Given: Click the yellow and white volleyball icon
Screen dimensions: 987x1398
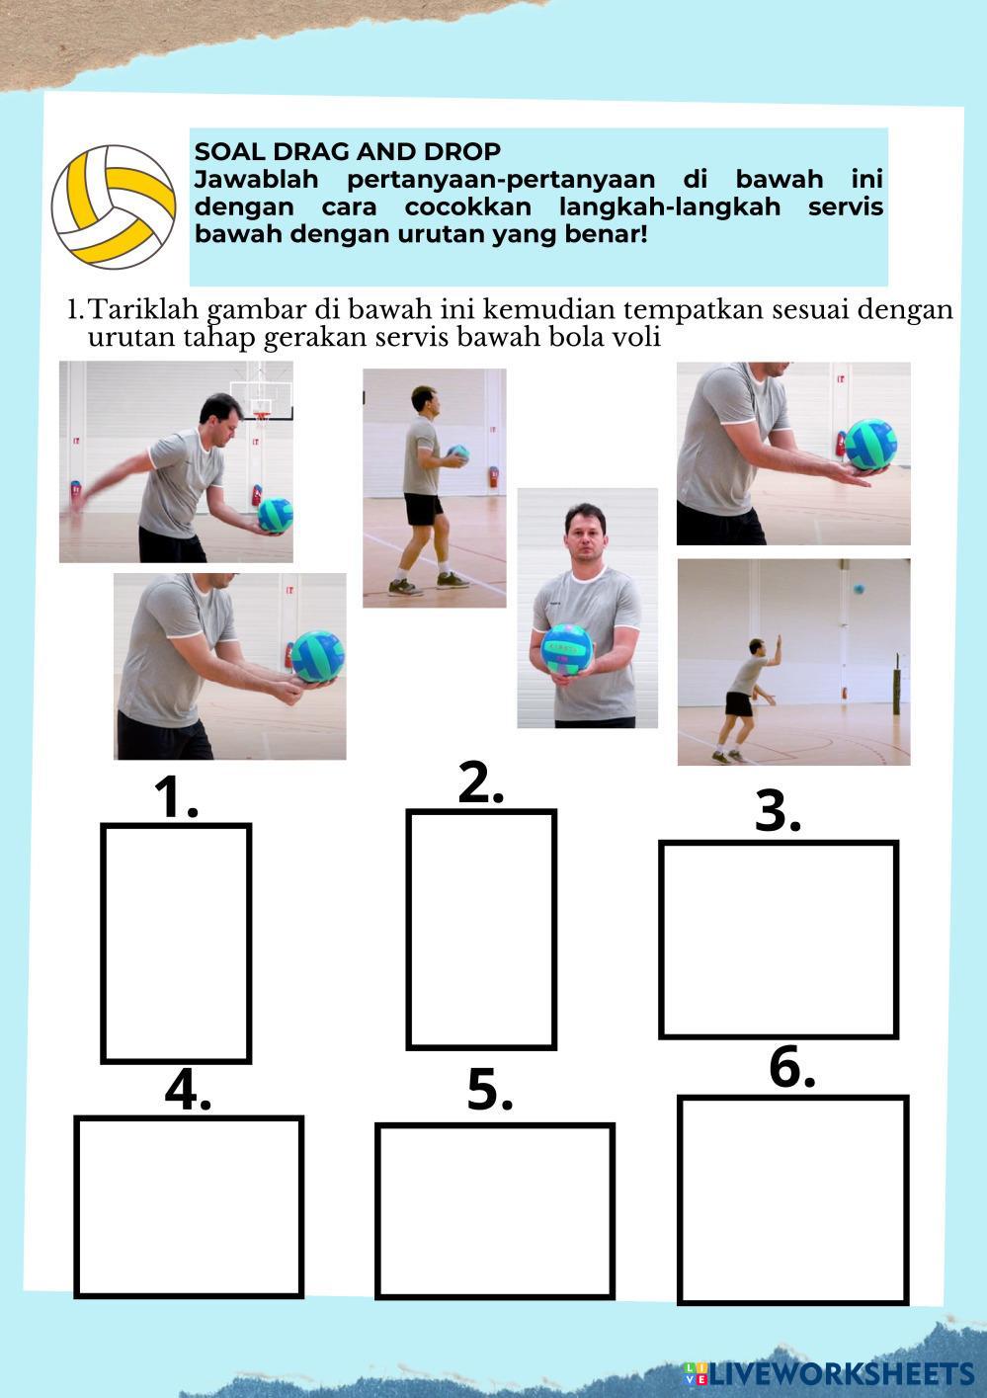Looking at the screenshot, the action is click(114, 207).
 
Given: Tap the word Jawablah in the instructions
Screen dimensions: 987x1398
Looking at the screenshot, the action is click(257, 180).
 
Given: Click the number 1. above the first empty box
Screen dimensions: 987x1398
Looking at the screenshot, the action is click(177, 797).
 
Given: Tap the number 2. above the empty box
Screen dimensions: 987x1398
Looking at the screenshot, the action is click(480, 782).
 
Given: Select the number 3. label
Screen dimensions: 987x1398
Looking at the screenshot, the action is click(778, 811).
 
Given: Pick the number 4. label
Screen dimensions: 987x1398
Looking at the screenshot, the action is click(188, 1091).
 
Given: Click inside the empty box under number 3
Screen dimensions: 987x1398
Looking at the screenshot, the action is click(779, 940).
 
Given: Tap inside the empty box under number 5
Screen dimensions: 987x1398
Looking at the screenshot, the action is click(494, 1210).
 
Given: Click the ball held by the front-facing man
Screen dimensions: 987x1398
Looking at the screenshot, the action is click(567, 649).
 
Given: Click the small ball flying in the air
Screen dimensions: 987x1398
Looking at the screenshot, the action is click(859, 588).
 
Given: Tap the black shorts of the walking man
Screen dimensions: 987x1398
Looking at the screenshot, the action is click(423, 509).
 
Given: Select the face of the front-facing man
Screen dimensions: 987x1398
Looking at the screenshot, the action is click(585, 536).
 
